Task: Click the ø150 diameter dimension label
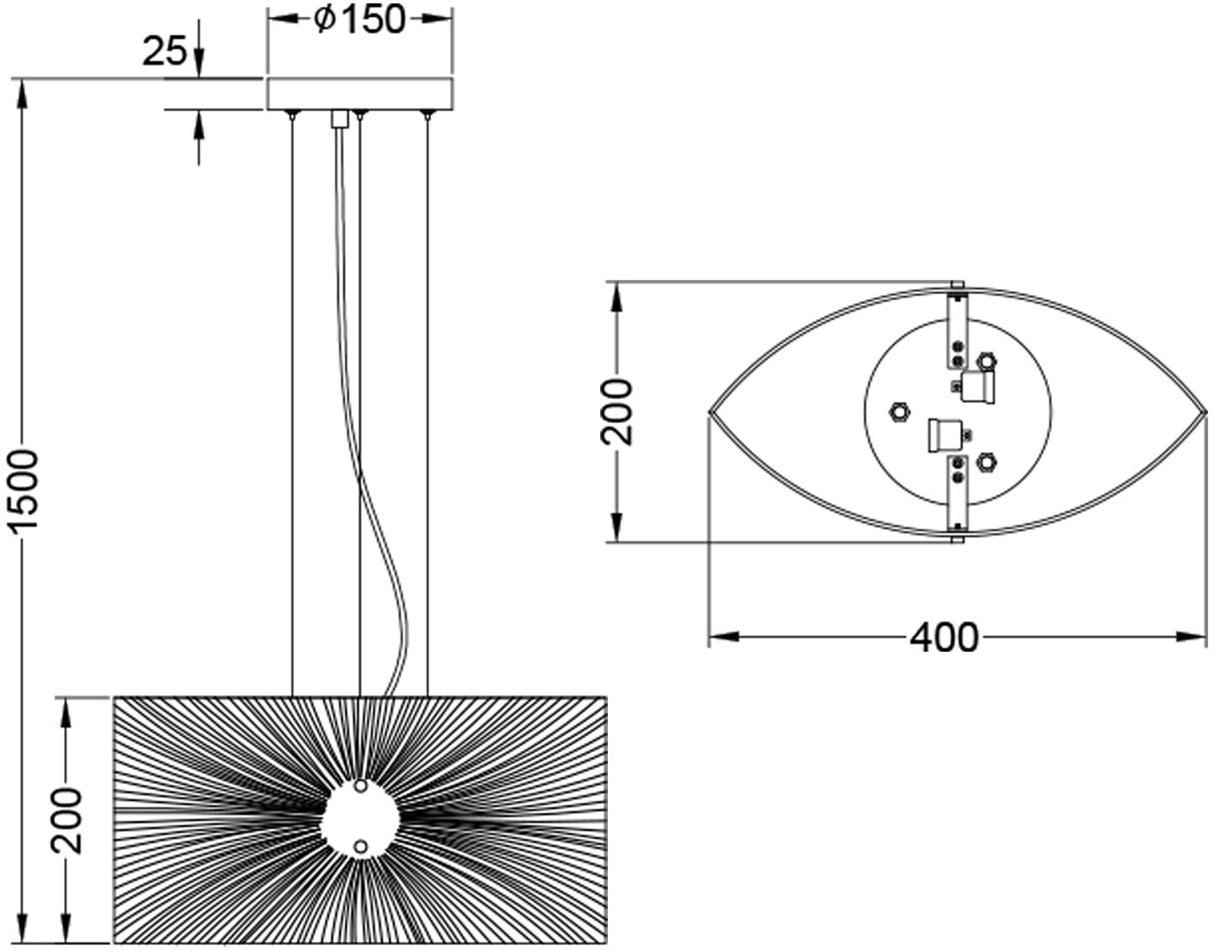(358, 20)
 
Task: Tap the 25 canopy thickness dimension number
(164, 51)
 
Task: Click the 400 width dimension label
(944, 637)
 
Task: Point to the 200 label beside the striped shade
(67, 821)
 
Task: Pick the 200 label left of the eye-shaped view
(617, 411)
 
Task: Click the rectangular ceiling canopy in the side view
(360, 94)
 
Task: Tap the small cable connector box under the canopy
(340, 119)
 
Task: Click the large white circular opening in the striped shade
(361, 818)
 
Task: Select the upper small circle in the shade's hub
(361, 787)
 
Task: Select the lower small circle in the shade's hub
(361, 847)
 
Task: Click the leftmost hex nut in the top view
(899, 411)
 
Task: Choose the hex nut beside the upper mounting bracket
(987, 362)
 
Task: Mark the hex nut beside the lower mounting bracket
(987, 462)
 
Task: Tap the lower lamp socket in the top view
(945, 436)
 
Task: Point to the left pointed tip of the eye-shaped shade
(710, 412)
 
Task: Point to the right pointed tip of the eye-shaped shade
(1206, 412)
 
